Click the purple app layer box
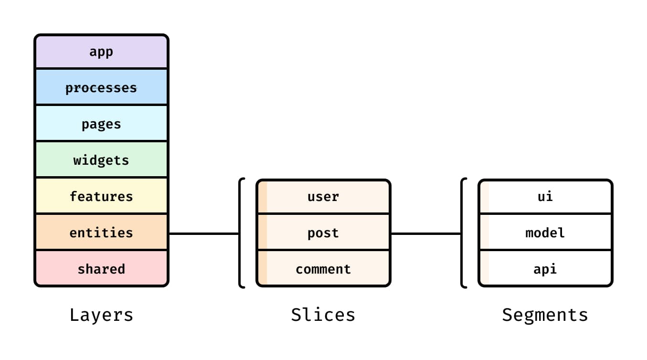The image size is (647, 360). point(101,52)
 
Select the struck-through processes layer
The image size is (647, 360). point(101,88)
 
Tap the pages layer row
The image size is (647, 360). point(101,124)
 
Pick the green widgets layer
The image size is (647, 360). point(101,160)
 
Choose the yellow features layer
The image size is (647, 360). point(101,196)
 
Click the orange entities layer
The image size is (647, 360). point(101,233)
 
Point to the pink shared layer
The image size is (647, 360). point(101,269)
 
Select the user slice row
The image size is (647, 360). point(323,196)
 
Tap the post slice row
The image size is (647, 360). point(323,233)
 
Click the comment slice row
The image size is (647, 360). point(323,269)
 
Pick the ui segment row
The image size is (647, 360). point(545,196)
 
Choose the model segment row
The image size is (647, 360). point(545,233)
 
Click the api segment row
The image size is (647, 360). point(545,269)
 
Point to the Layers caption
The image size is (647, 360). point(101,315)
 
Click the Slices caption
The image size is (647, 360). point(323,315)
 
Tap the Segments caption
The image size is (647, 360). point(545,315)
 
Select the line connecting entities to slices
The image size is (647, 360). point(204,233)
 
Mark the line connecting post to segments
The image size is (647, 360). point(426,233)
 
